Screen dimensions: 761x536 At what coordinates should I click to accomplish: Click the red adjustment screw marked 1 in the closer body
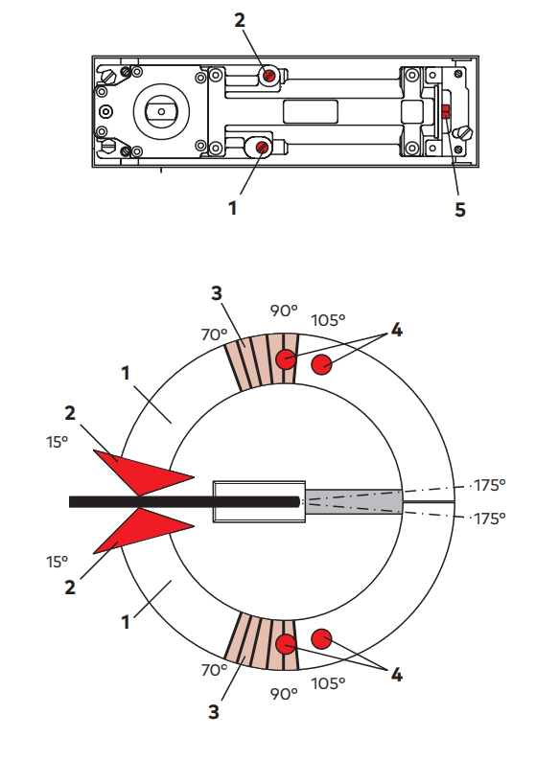tap(259, 146)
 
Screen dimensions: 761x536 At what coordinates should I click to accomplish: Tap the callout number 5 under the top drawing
tap(460, 209)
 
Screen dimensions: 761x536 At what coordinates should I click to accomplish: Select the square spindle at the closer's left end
tap(160, 111)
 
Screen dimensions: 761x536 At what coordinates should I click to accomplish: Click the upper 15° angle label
tap(58, 443)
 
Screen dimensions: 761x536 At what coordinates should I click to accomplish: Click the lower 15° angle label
tap(58, 561)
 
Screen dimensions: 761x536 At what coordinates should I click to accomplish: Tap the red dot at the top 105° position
tap(322, 363)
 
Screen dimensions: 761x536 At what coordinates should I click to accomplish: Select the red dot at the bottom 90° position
tap(286, 642)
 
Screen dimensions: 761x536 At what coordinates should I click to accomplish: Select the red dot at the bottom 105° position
tap(321, 637)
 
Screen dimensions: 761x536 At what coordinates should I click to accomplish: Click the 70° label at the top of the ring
tap(215, 334)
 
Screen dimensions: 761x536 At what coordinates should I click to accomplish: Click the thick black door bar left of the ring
tap(182, 501)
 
